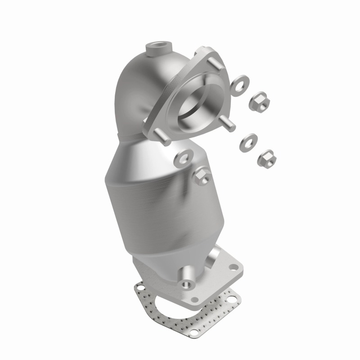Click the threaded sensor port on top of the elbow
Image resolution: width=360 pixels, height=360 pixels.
pyautogui.click(x=158, y=47)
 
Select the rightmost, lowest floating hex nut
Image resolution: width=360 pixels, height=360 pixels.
pyautogui.click(x=267, y=159)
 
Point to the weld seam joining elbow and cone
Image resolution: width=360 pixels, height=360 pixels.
pyautogui.click(x=135, y=135)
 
